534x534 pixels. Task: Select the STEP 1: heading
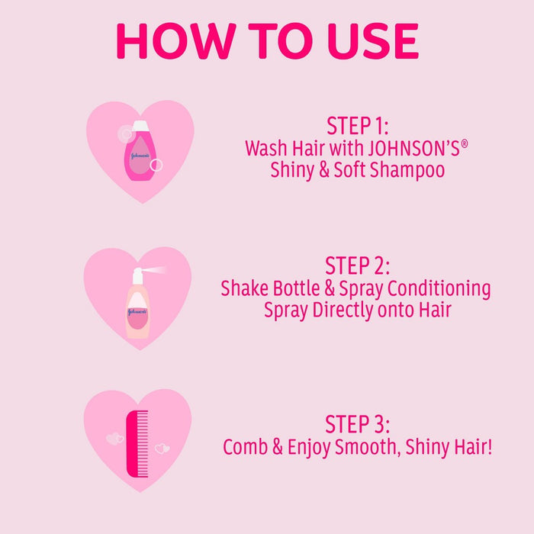(x=357, y=126)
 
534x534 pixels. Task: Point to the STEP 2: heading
(x=357, y=265)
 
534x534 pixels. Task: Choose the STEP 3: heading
(x=357, y=424)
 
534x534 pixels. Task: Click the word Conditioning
(x=439, y=288)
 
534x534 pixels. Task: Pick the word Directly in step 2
(x=343, y=310)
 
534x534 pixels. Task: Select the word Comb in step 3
(x=245, y=446)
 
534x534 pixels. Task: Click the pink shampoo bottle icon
(x=140, y=151)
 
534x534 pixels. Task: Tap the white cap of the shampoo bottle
(x=140, y=126)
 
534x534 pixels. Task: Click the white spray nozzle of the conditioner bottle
(x=137, y=275)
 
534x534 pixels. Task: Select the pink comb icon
(x=137, y=444)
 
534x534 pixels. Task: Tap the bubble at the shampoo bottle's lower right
(x=156, y=166)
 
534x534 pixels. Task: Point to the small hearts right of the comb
(x=162, y=449)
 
